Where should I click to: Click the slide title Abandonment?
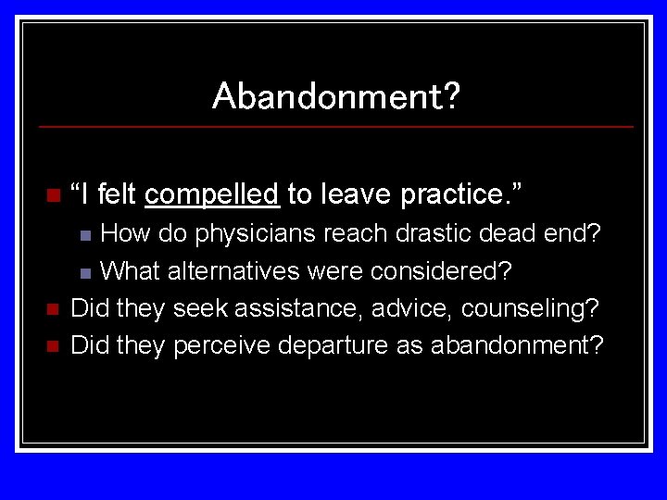coord(335,95)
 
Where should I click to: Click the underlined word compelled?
coord(212,194)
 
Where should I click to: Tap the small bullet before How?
coord(85,235)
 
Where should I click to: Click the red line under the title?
coord(335,126)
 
